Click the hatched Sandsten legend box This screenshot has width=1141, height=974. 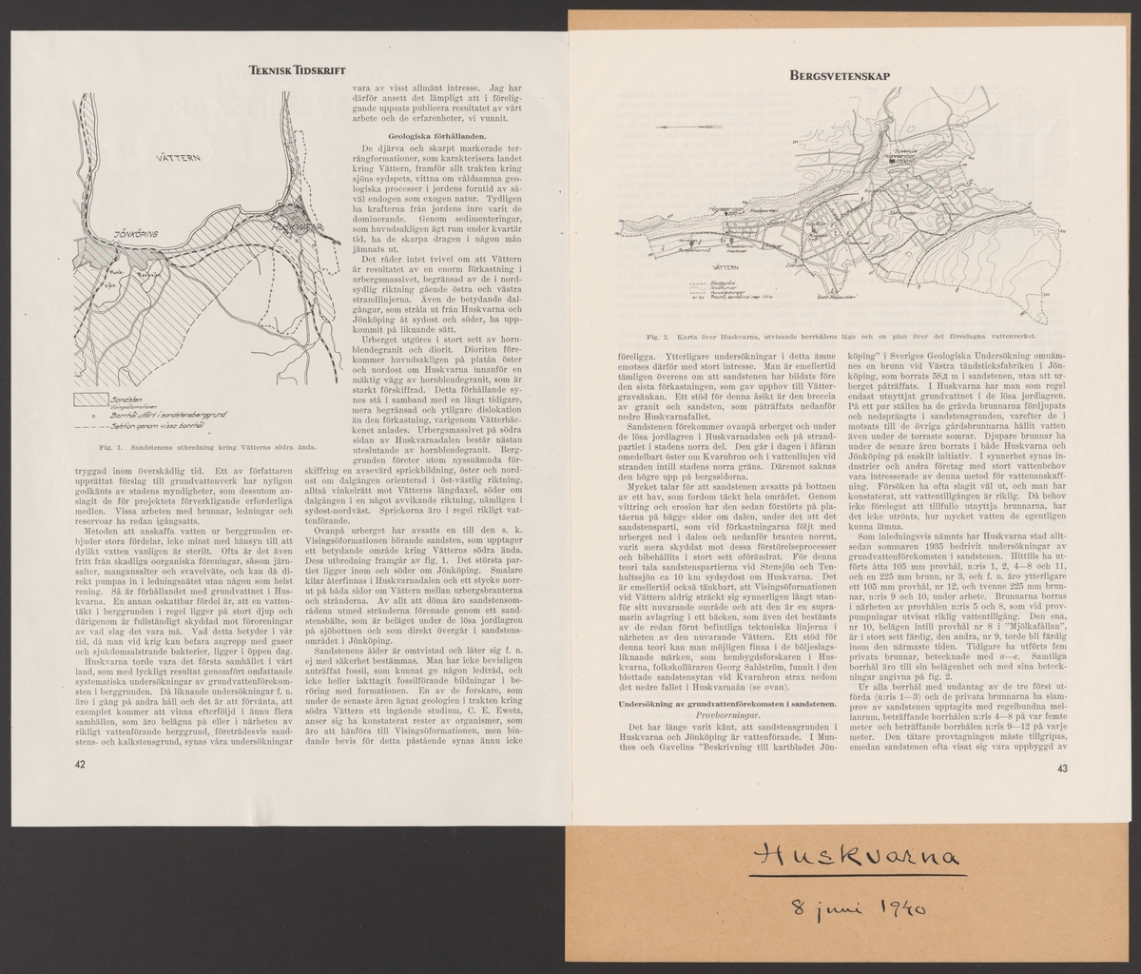pos(94,398)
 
